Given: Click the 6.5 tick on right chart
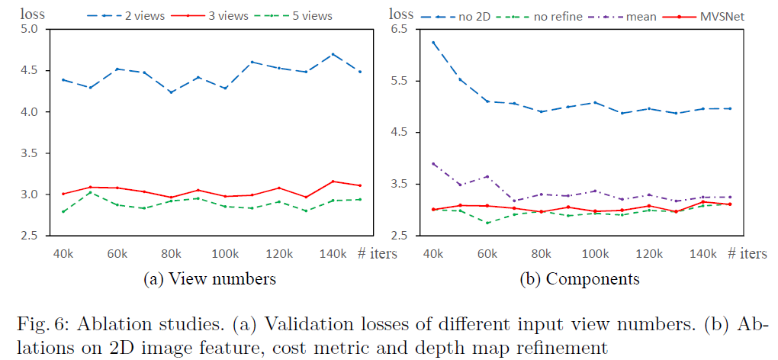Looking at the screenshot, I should click(400, 29).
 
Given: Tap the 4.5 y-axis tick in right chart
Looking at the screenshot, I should click(400, 133).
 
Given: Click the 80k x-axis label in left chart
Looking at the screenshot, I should click(172, 252).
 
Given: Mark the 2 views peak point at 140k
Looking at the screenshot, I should click(333, 54).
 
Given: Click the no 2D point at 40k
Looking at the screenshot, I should click(434, 43).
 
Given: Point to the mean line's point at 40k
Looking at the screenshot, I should click(434, 163).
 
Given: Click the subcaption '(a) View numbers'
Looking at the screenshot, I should click(210, 279).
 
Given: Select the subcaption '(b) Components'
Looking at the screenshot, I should click(580, 279).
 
